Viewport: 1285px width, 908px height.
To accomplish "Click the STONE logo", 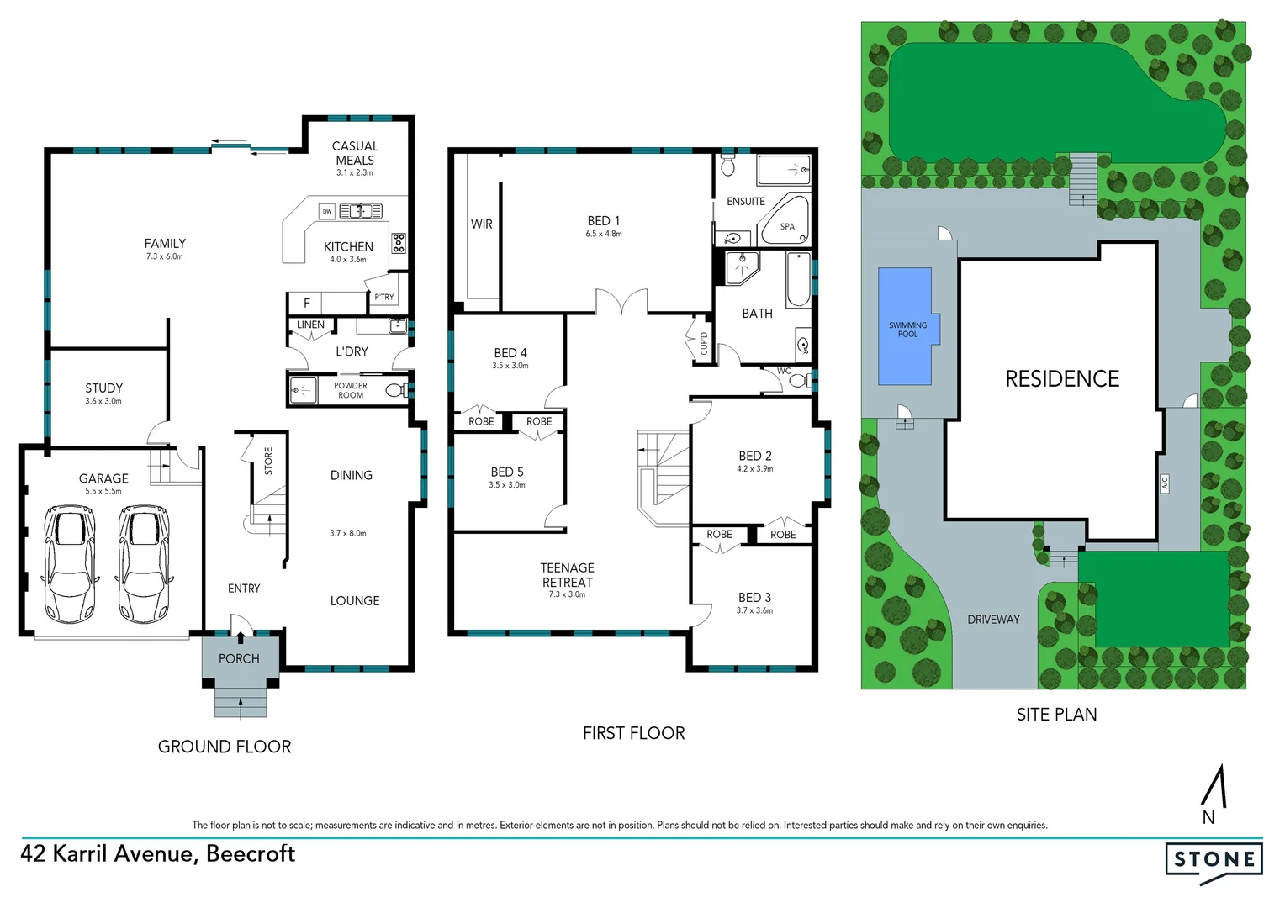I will pos(1214,859).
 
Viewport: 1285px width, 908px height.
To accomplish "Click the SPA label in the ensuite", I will pos(787,226).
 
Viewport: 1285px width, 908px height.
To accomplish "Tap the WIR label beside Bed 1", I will pos(481,224).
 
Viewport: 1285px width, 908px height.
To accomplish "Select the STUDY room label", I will pos(103,388).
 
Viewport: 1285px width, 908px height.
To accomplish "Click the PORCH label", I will pos(239,658).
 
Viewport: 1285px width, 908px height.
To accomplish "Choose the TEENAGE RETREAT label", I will pos(567,575).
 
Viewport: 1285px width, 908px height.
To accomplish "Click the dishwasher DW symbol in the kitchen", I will pos(327,211).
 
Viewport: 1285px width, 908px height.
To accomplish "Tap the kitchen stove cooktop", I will pos(399,243).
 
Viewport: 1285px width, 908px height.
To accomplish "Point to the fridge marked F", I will pos(307,303).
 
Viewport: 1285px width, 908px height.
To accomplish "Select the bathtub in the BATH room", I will pos(797,279).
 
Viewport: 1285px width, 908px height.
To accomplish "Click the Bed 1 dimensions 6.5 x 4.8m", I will pos(604,234).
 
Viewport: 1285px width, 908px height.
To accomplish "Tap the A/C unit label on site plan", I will pos(1165,483).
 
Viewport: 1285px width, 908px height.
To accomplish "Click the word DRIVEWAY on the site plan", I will pos(993,620).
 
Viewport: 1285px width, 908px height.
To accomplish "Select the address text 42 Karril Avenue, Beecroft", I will pos(158,853).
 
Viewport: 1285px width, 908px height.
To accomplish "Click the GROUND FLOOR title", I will pos(225,747).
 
